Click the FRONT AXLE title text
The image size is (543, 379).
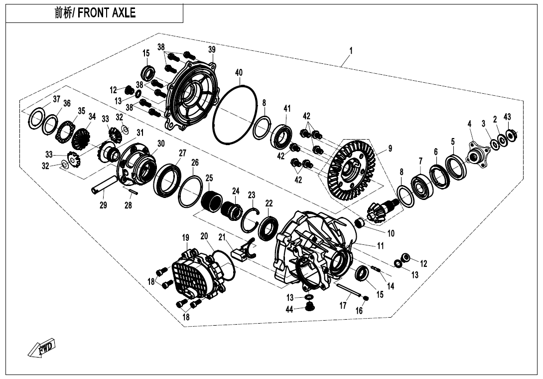pos(95,13)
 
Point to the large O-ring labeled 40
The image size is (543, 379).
pos(235,114)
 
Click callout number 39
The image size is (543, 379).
pos(212,49)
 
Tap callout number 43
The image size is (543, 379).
pos(507,117)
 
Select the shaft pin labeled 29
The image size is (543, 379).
pos(105,185)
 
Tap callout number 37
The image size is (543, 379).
pos(56,99)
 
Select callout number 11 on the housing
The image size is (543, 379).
pos(380,246)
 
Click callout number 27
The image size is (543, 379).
pos(182,153)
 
